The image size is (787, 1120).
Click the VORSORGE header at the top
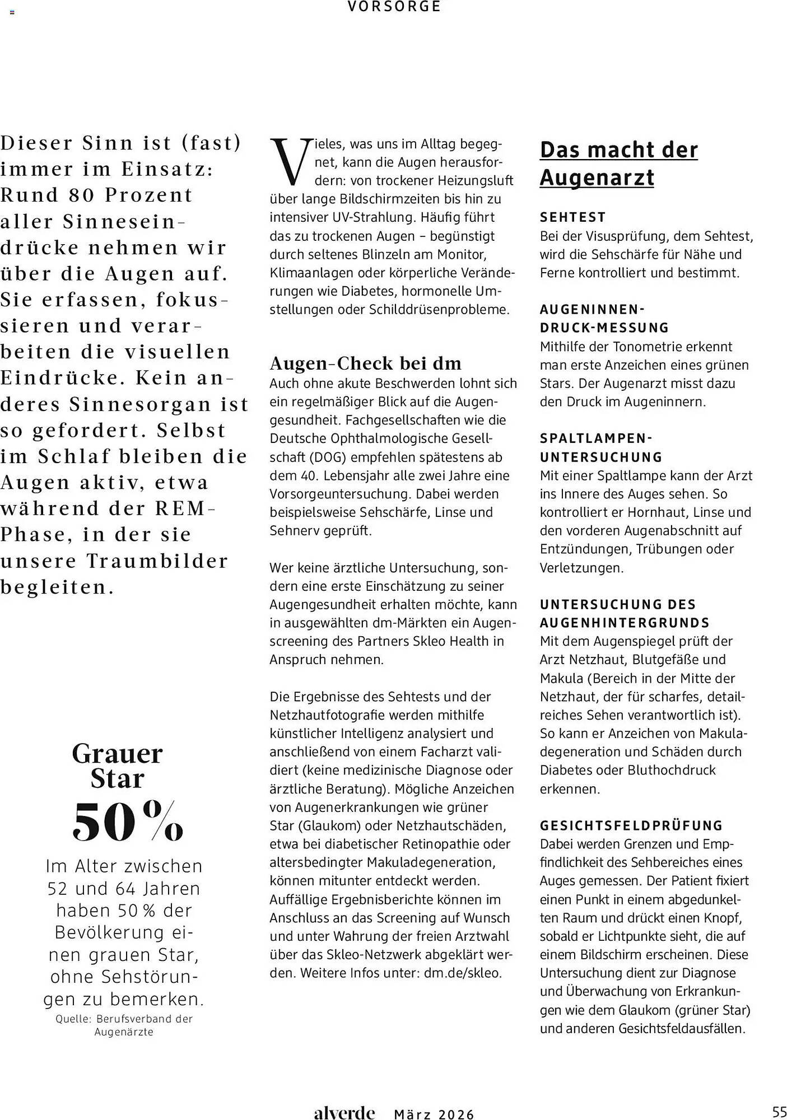click(394, 7)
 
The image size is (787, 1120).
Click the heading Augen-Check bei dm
click(365, 363)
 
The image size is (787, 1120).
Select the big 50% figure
click(128, 822)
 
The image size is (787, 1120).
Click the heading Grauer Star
click(117, 766)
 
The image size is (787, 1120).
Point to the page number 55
click(779, 1112)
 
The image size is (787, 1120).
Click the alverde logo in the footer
click(344, 1113)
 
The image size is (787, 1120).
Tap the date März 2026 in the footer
click(434, 1114)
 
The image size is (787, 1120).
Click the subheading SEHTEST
click(572, 217)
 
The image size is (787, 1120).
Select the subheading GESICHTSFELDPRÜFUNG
click(631, 825)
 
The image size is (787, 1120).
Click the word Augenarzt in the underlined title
click(597, 178)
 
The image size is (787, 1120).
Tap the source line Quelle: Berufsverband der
click(124, 1019)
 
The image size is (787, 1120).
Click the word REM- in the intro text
click(185, 508)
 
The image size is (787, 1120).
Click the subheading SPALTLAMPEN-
click(596, 438)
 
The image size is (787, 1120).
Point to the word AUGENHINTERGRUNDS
click(625, 623)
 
